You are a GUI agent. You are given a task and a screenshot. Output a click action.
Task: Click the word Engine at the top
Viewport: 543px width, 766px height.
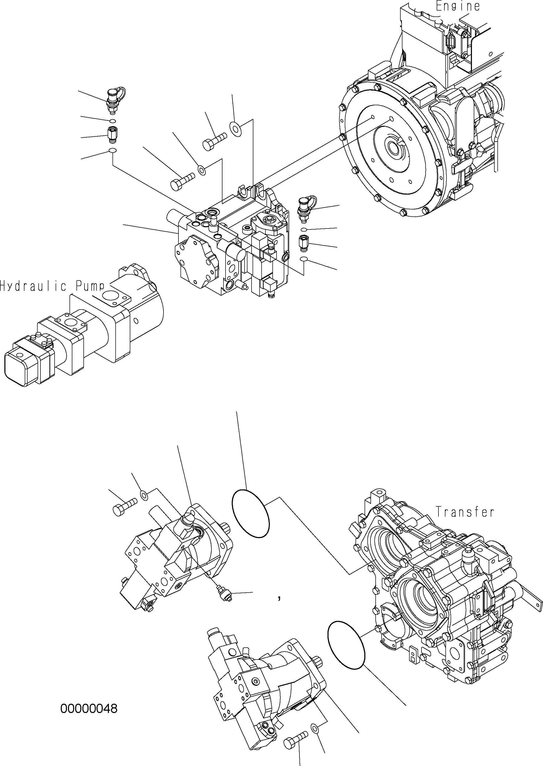coord(458,6)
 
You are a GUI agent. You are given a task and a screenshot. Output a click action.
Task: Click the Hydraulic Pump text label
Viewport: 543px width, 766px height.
coord(52,286)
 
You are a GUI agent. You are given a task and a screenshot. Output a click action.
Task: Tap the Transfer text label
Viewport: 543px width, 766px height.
coord(465,521)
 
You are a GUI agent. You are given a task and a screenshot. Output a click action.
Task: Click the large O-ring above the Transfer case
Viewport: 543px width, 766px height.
coord(251,514)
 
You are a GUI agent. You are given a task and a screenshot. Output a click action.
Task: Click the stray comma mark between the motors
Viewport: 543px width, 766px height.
coord(279,598)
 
